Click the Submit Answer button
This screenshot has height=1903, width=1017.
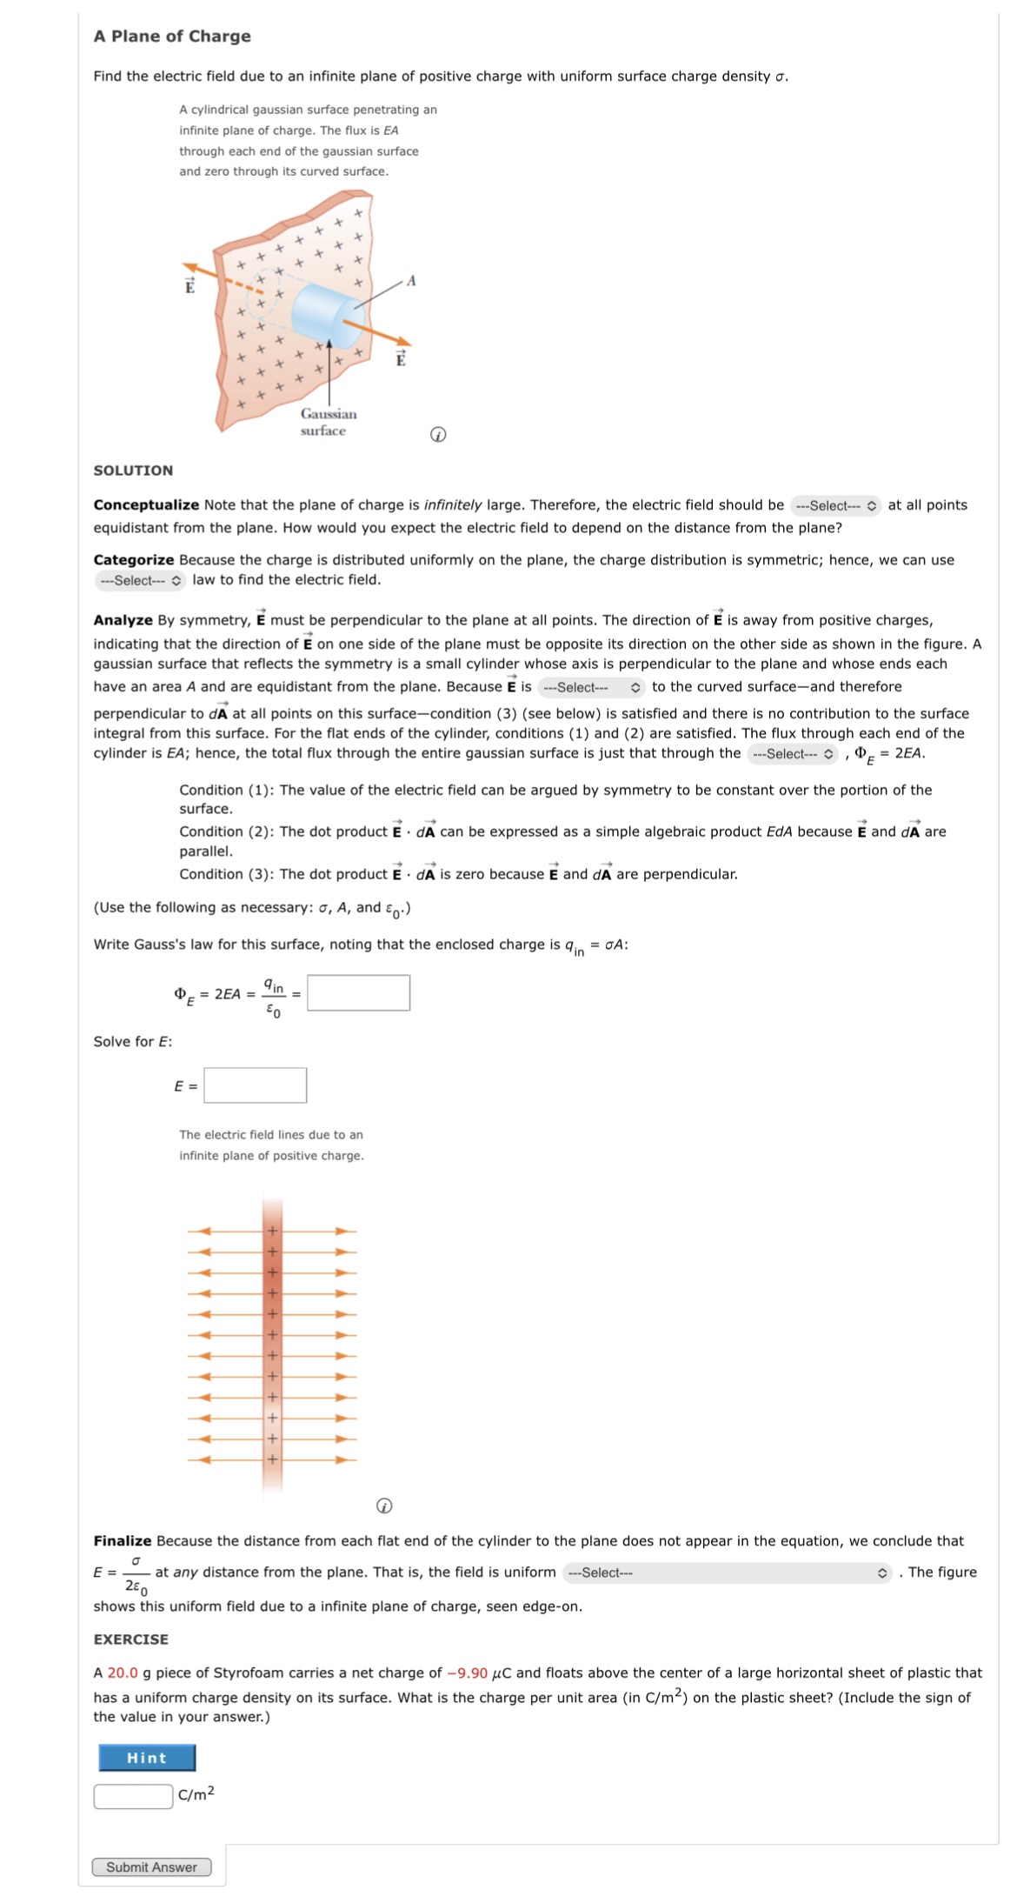coord(151,1866)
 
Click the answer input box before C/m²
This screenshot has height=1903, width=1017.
coord(133,1795)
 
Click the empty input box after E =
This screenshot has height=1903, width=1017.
coord(255,1085)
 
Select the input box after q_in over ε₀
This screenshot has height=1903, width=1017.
coord(358,992)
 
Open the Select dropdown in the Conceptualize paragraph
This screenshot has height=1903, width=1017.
coord(834,505)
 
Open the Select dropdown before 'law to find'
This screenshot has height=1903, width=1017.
coord(139,580)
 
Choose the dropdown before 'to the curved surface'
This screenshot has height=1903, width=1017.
coord(591,687)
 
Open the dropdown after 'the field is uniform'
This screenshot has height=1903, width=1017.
coord(728,1572)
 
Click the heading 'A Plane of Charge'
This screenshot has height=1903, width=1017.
coord(172,36)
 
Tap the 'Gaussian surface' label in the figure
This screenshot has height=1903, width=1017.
coord(328,422)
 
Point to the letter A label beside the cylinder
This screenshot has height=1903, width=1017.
coord(411,281)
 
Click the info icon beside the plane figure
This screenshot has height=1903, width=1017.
coord(438,434)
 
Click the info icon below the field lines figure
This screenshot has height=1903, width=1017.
coord(383,1505)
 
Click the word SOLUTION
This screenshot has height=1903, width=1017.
coord(133,471)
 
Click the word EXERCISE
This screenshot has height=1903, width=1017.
coord(131,1639)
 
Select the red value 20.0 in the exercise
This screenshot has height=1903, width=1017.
coord(123,1673)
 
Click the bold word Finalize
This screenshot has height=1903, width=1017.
coord(123,1540)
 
